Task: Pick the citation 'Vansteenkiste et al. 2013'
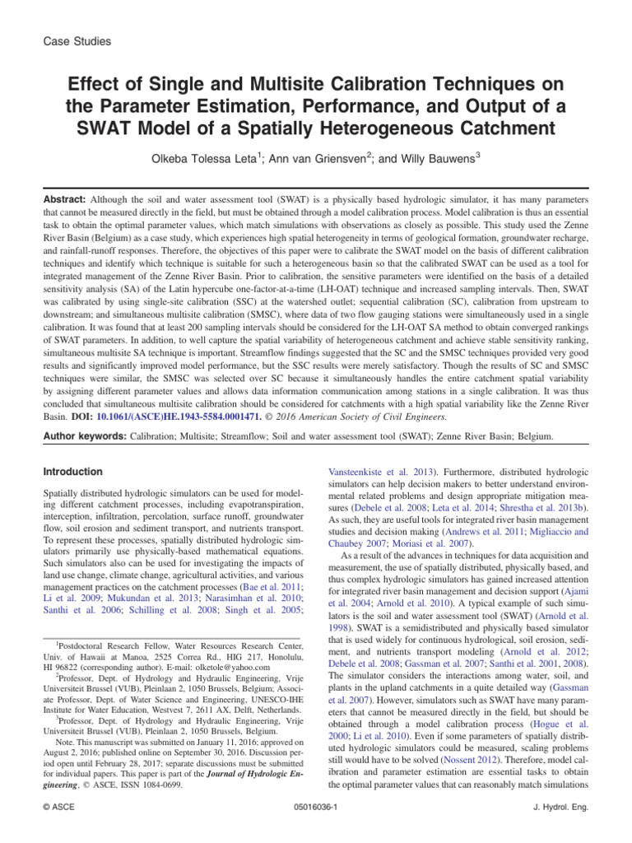click(x=383, y=472)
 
